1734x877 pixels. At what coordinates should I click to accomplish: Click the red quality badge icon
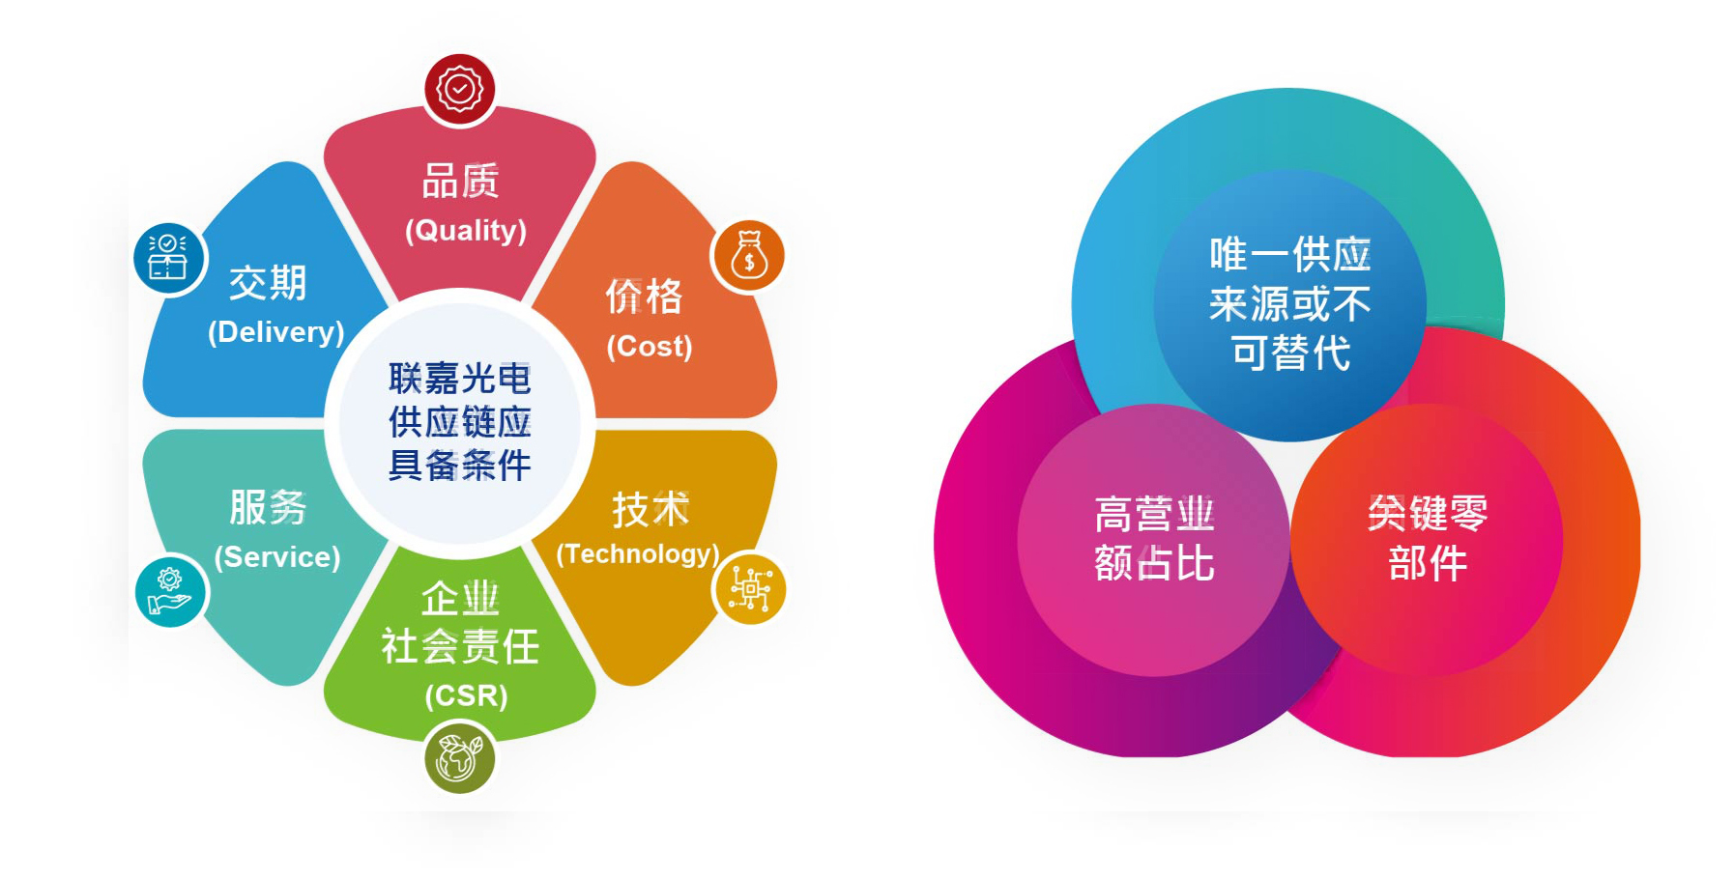[x=460, y=89]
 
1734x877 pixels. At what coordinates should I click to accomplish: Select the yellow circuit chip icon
[x=749, y=588]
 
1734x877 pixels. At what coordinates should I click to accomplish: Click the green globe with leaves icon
[x=460, y=757]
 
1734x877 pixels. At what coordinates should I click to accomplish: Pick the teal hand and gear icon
[x=170, y=591]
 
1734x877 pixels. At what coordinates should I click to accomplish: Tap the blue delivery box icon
[x=169, y=258]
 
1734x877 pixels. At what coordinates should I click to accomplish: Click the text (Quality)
[x=466, y=231]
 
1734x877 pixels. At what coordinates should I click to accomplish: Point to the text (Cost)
[x=650, y=347]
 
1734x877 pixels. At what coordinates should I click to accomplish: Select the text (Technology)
[x=638, y=554]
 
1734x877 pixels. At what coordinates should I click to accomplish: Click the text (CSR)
[x=466, y=695]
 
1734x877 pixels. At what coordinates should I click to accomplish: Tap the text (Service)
[x=277, y=557]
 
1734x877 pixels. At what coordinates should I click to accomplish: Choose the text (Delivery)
[x=276, y=332]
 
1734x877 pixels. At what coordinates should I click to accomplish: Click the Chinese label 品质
[x=461, y=182]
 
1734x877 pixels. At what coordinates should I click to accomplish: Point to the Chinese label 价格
[x=645, y=297]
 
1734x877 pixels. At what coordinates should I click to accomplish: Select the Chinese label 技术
[x=650, y=509]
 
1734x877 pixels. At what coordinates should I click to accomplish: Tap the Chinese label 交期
[x=268, y=283]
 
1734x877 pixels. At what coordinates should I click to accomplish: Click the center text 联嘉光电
[x=460, y=379]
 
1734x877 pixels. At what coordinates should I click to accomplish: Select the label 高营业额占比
[x=1154, y=539]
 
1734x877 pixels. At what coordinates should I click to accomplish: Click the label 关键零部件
[x=1428, y=538]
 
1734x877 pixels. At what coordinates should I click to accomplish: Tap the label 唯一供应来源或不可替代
[x=1290, y=303]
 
